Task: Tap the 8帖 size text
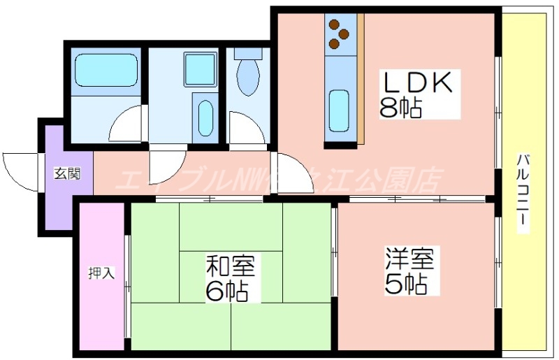click(401, 108)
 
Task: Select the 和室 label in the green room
click(231, 266)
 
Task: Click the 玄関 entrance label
click(67, 173)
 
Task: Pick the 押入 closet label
click(101, 273)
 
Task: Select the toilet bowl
click(246, 76)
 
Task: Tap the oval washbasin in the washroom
click(205, 118)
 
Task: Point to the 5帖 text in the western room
click(405, 285)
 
